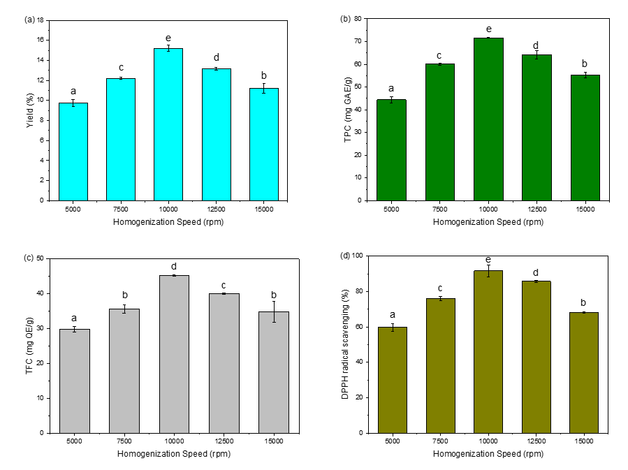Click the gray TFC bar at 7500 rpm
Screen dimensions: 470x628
tap(124, 371)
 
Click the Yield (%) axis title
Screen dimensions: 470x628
tap(30, 110)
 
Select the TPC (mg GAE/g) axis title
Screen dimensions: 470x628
tap(347, 110)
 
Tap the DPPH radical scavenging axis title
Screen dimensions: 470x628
tap(347, 344)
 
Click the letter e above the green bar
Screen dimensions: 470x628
tap(488, 29)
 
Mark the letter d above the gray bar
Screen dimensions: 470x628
tap(174, 266)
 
